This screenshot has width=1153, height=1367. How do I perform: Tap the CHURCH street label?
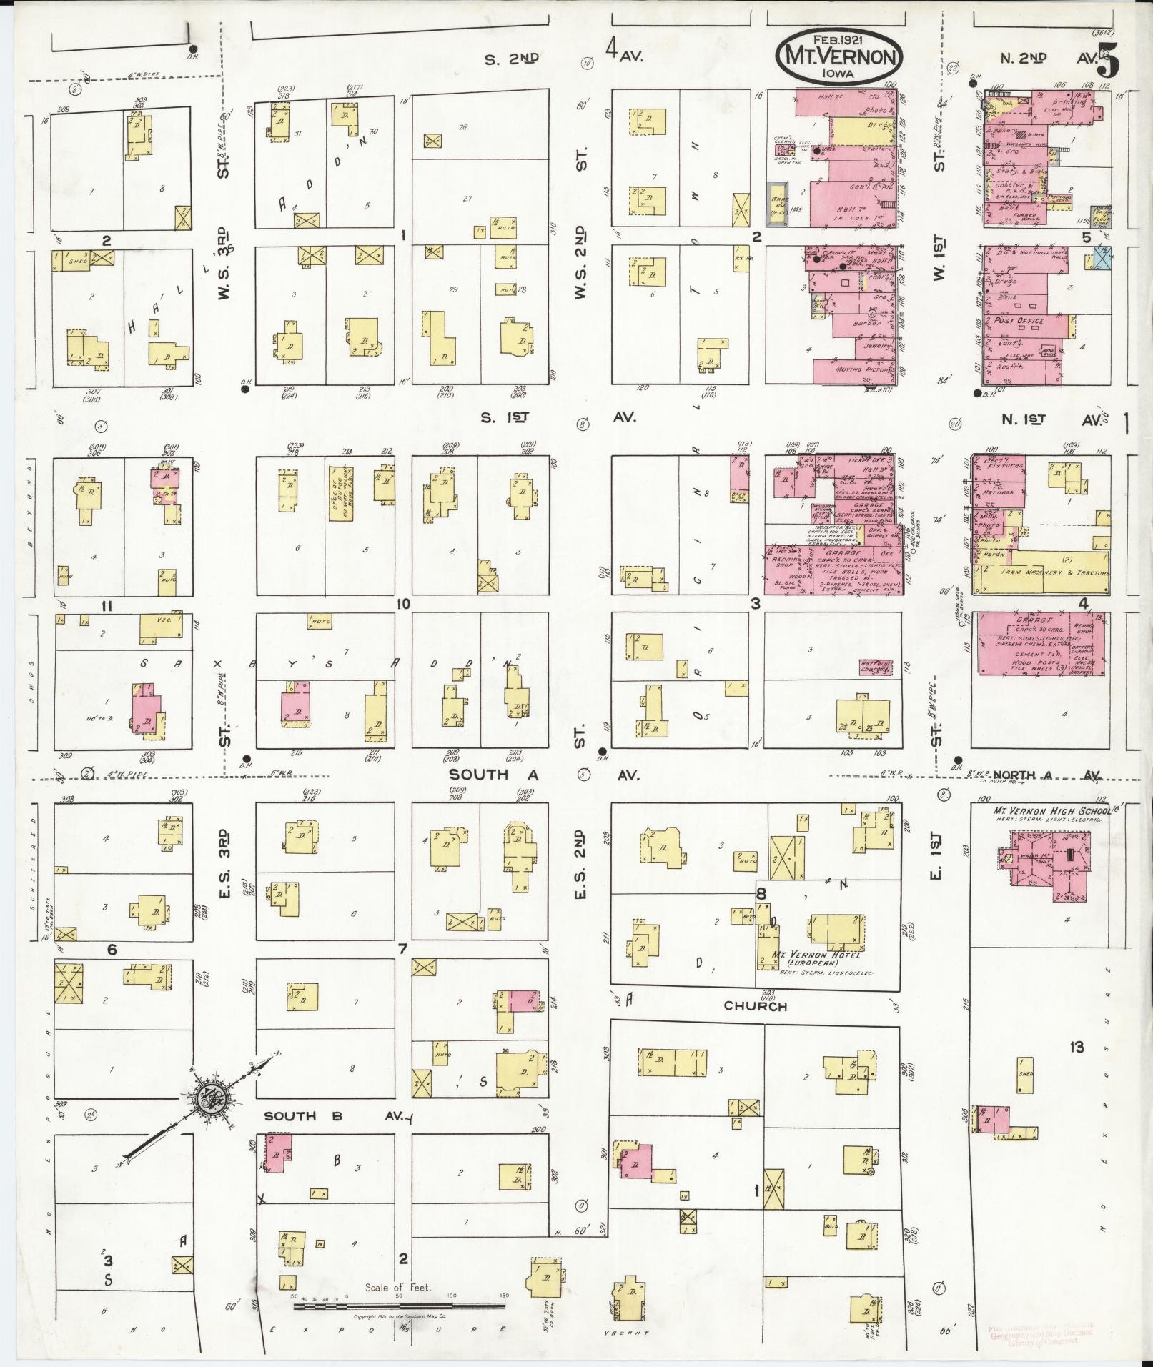point(755,1006)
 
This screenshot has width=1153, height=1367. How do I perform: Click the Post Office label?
point(1019,321)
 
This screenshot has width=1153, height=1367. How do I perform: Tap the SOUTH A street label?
point(479,775)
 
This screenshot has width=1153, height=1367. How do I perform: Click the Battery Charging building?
point(876,667)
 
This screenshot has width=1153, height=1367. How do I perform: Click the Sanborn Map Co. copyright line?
point(400,1316)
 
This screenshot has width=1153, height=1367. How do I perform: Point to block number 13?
point(1076,1048)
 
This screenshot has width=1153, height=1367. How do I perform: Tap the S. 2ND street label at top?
point(511,60)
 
